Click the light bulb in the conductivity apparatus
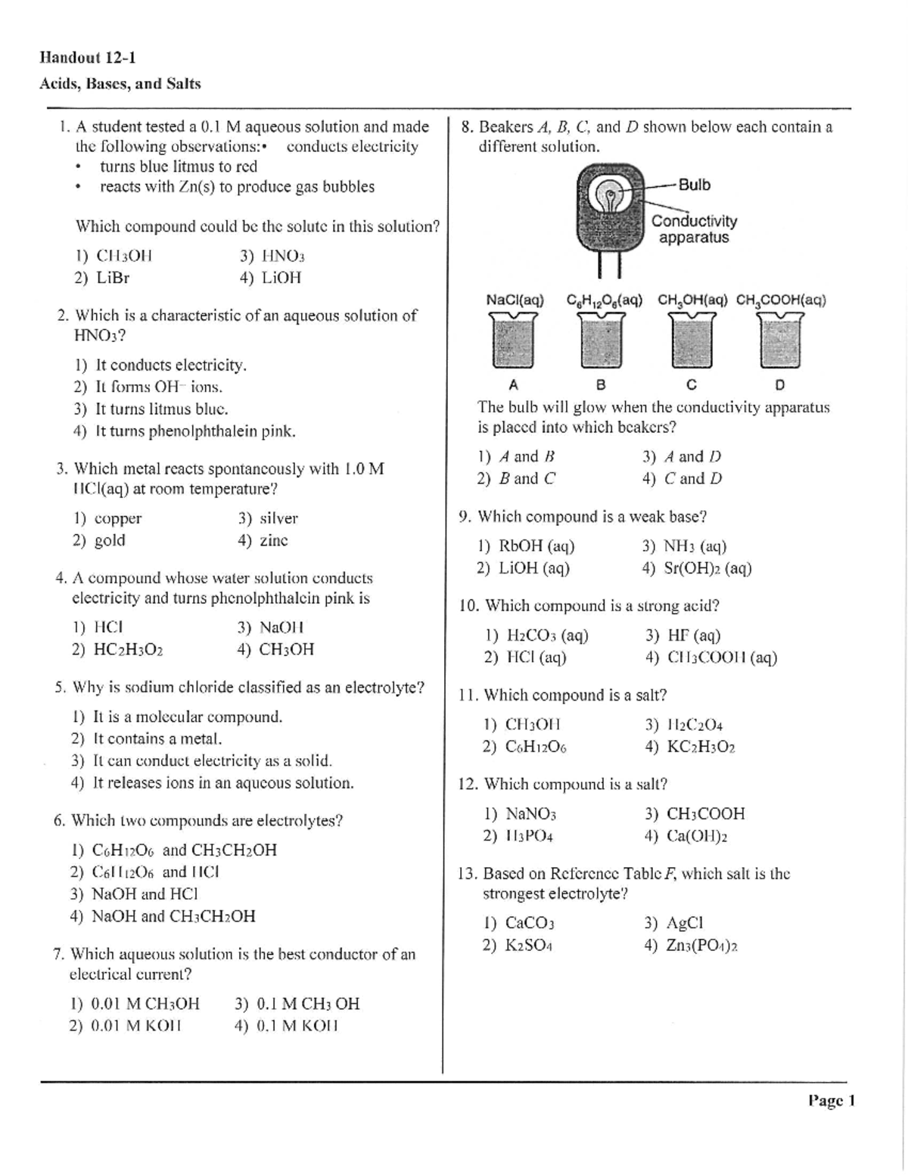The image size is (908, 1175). [x=610, y=196]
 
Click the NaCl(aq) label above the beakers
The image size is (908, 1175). [x=515, y=300]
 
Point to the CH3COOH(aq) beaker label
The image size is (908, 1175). [x=781, y=300]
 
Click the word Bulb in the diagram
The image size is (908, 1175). [x=694, y=185]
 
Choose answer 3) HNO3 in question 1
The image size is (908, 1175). [x=272, y=256]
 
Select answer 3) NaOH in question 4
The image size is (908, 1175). [x=270, y=627]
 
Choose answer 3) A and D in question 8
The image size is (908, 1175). [x=682, y=456]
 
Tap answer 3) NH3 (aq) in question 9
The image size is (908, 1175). [x=684, y=546]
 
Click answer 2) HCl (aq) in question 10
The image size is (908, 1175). [x=525, y=657]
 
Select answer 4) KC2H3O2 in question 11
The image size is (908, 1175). [x=690, y=747]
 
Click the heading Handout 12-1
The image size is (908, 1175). [x=88, y=58]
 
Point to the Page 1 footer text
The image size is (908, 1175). [x=831, y=1101]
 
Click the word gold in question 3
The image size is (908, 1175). [x=110, y=540]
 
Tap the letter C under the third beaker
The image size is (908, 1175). [x=691, y=384]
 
